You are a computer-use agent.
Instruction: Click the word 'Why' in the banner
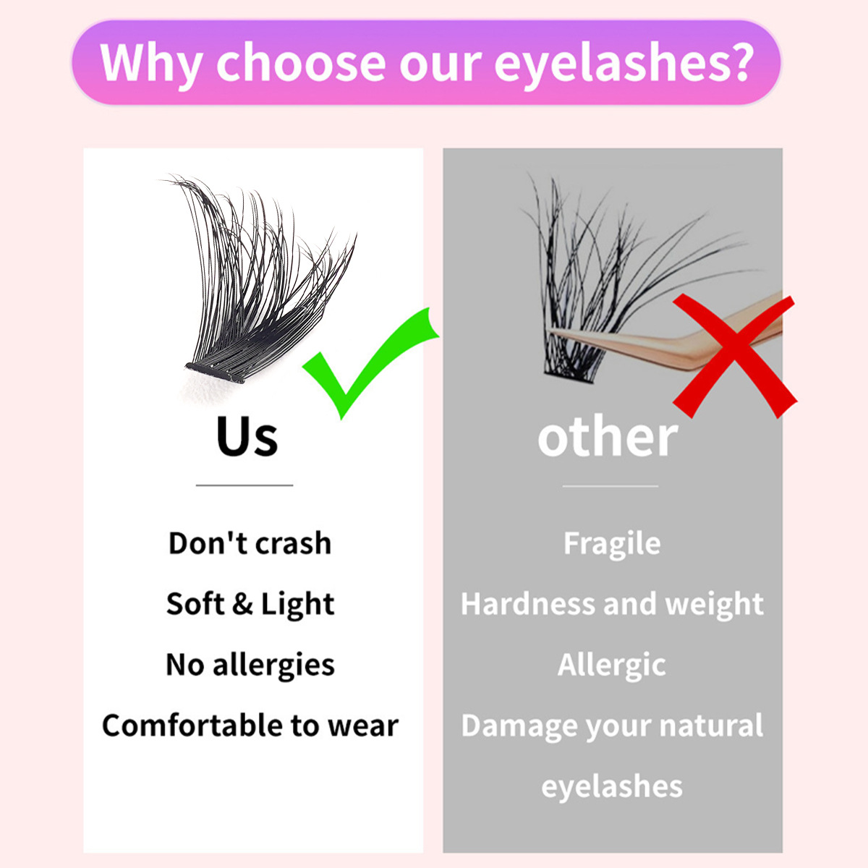[150, 63]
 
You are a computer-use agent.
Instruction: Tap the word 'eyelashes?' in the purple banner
[624, 64]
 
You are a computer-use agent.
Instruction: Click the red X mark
[735, 355]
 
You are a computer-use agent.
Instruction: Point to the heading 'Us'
[247, 435]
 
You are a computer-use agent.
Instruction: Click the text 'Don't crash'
[250, 542]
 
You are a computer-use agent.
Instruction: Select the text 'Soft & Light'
[250, 603]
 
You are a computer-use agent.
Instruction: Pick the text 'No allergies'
[250, 665]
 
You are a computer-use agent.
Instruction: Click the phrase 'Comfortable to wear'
[250, 726]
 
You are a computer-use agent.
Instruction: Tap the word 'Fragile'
[612, 544]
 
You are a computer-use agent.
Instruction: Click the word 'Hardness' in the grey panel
[528, 603]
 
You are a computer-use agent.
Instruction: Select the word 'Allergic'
[612, 665]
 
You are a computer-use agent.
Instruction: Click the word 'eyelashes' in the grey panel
[612, 786]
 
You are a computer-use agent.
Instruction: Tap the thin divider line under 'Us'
[244, 485]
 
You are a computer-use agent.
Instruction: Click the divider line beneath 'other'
[610, 486]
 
